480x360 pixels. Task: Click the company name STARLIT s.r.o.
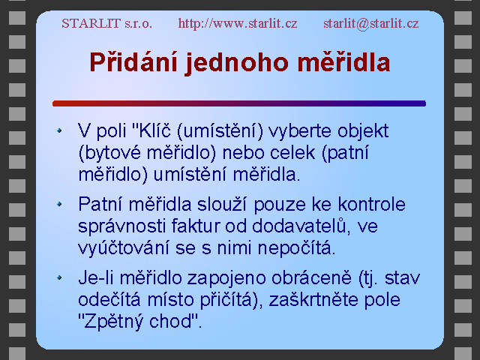106,23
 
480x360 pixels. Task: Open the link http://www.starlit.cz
238,23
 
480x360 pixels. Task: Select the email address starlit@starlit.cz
371,23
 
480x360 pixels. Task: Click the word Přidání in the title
133,62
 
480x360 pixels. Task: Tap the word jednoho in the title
237,63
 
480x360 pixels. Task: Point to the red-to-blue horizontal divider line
239,103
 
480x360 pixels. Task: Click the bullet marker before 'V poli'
59,130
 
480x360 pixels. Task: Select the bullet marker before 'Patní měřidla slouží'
59,204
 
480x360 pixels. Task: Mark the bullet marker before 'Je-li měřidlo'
59,277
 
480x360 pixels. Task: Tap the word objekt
363,132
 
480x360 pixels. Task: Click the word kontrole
372,204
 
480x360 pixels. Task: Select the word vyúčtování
123,248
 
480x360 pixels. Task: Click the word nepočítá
296,248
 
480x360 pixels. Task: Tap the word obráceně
311,277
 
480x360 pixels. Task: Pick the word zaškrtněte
313,299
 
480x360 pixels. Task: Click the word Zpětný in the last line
112,322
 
